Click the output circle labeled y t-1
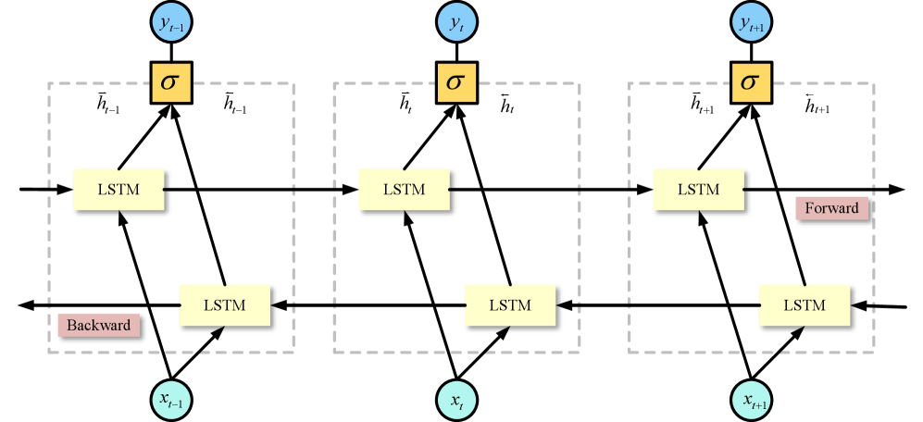(x=171, y=27)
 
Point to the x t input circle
(x=457, y=400)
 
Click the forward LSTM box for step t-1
(x=118, y=190)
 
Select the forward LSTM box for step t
(x=404, y=190)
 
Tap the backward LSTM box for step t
(x=509, y=304)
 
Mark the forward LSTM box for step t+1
(x=698, y=190)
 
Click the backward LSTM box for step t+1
(x=805, y=304)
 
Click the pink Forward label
(x=830, y=208)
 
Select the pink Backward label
(x=99, y=326)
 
